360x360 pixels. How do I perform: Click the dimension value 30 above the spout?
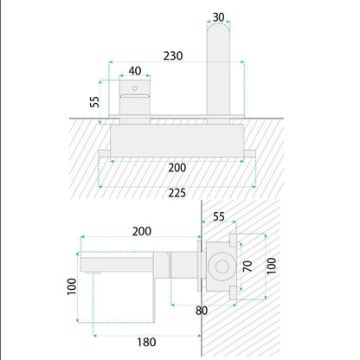(218, 17)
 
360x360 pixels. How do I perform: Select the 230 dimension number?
(173, 55)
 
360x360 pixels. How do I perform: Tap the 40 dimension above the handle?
(135, 71)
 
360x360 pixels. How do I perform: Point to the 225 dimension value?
(177, 193)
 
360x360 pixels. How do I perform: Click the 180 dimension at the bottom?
(146, 342)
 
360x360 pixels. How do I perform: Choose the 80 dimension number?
(202, 311)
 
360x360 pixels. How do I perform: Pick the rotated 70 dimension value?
(247, 266)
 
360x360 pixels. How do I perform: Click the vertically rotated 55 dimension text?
(94, 101)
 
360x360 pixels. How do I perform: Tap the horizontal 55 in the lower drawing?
(219, 216)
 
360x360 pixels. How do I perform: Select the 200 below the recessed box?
(177, 168)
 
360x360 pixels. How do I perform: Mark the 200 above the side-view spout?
(142, 231)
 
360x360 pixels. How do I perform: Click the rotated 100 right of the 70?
(271, 266)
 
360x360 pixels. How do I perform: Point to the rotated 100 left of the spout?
(72, 286)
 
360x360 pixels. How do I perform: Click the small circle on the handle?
(135, 88)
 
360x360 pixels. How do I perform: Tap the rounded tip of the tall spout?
(218, 25)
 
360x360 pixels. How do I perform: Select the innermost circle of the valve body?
(222, 267)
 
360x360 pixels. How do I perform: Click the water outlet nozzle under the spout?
(93, 273)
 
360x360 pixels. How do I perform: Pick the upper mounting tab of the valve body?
(233, 240)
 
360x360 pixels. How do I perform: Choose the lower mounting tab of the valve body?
(233, 293)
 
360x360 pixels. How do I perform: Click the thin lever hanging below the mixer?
(154, 300)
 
